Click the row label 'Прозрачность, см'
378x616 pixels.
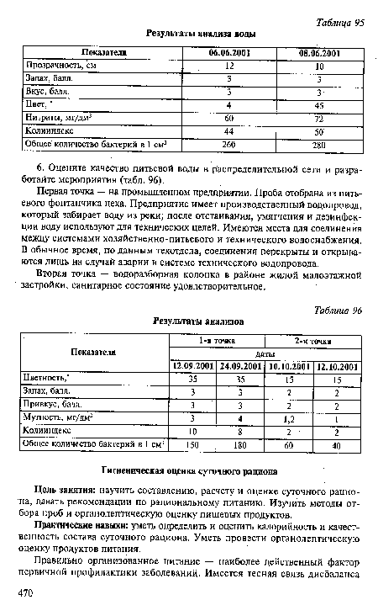point(62,66)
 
